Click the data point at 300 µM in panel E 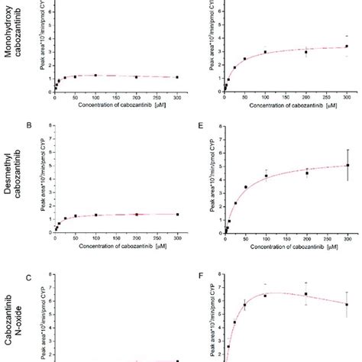pos(347,165)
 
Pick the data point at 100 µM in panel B pos(95,215)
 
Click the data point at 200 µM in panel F pos(306,294)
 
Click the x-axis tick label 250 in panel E pos(327,238)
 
